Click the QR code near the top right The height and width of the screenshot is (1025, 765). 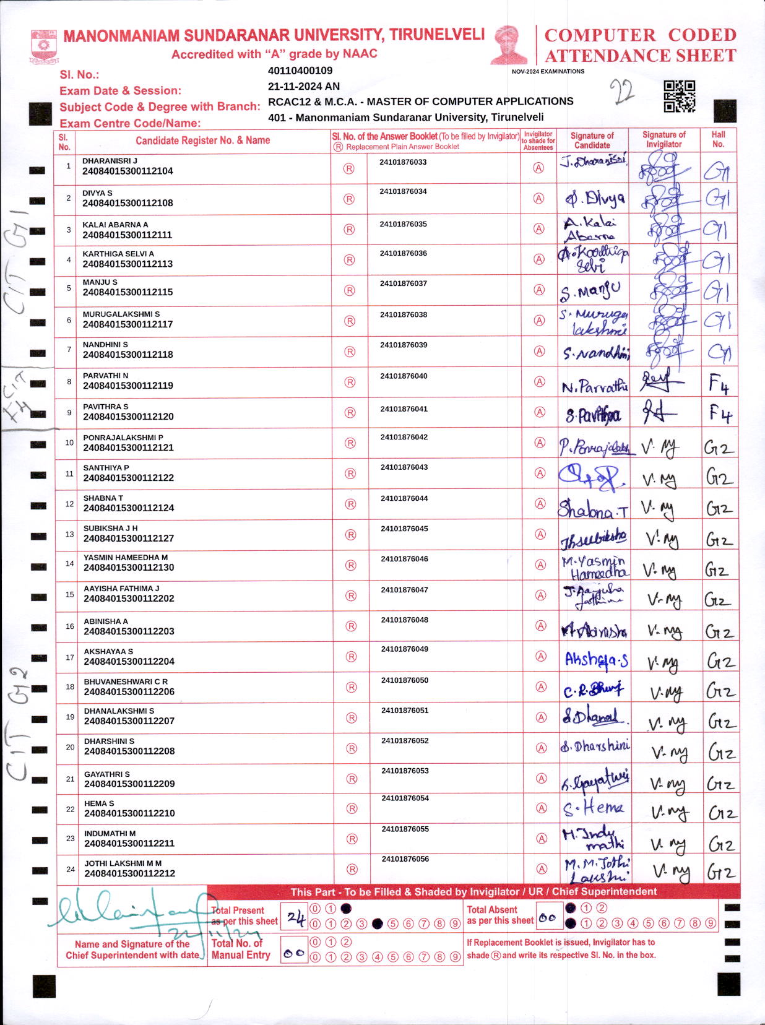(x=679, y=96)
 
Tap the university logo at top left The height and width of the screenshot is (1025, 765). (x=43, y=46)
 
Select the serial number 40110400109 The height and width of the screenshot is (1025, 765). (x=300, y=71)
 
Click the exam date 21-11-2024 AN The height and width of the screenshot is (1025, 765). (x=303, y=87)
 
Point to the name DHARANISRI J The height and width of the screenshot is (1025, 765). (x=110, y=161)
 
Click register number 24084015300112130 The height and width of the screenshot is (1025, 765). (x=129, y=568)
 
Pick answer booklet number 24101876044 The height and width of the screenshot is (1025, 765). (x=404, y=498)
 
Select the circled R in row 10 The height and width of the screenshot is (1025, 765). (x=350, y=443)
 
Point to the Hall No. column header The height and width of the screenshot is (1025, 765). (x=718, y=139)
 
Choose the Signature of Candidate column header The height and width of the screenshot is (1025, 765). (x=592, y=141)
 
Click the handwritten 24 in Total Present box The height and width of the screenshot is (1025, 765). (x=296, y=919)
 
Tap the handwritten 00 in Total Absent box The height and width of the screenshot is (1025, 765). (x=547, y=919)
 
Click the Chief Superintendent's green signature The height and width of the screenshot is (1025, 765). (x=130, y=913)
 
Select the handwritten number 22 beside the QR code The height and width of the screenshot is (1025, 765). (x=622, y=92)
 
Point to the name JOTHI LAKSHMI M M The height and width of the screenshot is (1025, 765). (x=123, y=863)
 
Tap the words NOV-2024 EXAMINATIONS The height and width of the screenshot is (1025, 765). (x=548, y=71)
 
